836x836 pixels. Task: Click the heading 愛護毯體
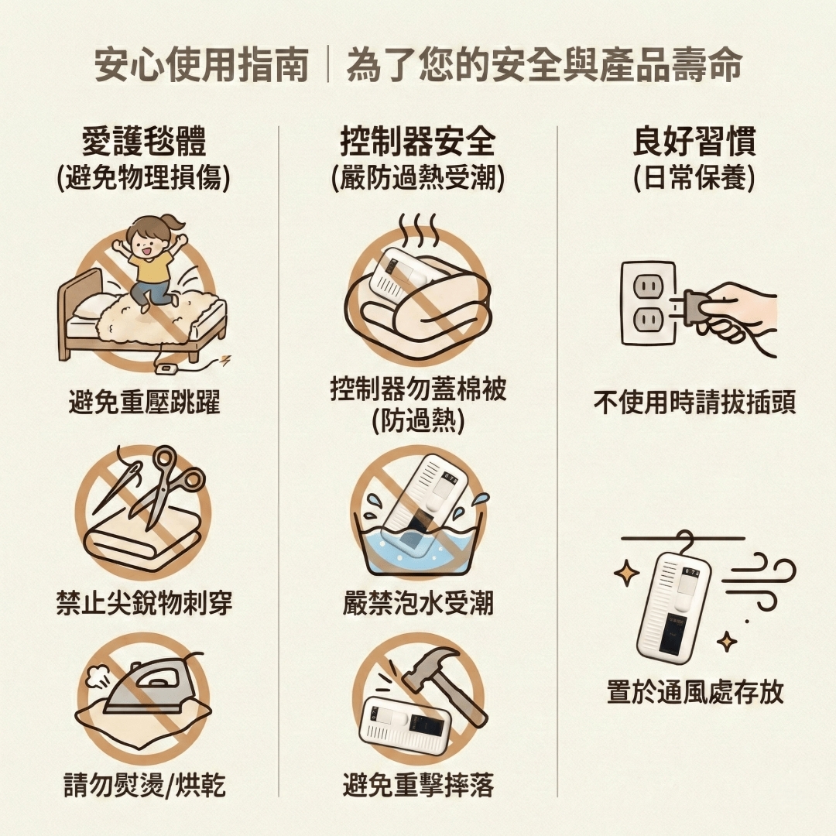[144, 142]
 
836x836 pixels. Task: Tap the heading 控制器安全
[419, 142]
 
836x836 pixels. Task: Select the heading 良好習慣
[694, 142]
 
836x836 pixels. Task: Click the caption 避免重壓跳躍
[144, 402]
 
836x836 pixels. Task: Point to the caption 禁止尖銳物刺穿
[144, 604]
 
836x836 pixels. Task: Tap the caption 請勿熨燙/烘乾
[144, 785]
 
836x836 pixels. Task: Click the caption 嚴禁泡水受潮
[419, 604]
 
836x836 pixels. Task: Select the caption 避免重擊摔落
[419, 785]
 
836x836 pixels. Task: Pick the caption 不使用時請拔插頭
[694, 402]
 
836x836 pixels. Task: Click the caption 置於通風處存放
[694, 692]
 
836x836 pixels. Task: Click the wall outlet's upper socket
[646, 286]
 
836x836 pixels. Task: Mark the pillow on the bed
[88, 308]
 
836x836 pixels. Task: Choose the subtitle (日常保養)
[694, 177]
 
